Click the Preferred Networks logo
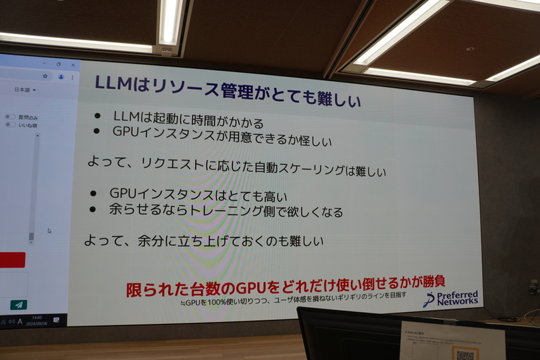(450, 298)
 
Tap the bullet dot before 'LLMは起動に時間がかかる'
(99, 114)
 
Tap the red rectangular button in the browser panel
(12, 260)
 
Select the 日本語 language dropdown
(26, 89)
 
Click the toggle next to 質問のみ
(10, 117)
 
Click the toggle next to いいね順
(10, 124)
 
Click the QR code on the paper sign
(465, 353)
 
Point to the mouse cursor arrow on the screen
(49, 231)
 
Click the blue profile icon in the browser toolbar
(61, 76)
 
